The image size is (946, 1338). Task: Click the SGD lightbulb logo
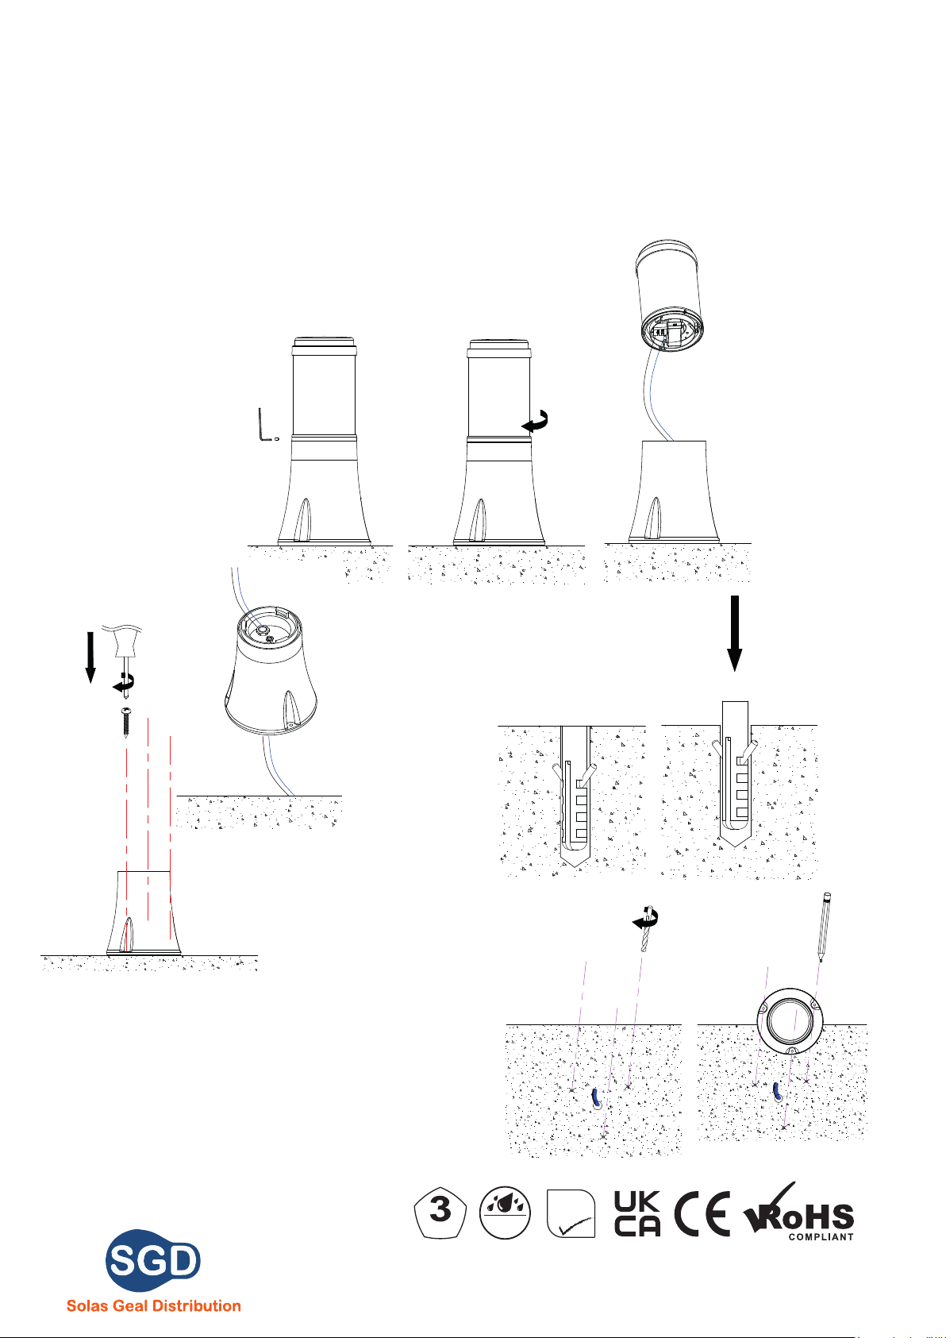[153, 1259]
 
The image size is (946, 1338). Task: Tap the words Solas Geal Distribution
[153, 1305]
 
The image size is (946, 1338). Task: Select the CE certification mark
[702, 1213]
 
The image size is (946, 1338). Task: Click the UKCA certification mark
[636, 1213]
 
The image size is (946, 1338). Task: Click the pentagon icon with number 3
[440, 1213]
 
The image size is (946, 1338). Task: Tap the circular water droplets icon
[505, 1213]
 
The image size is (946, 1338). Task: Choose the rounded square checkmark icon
[571, 1213]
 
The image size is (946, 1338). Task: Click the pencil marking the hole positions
[825, 927]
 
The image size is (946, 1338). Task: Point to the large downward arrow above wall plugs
[735, 633]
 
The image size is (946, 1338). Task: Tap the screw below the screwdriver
[126, 722]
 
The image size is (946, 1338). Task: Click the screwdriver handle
[126, 642]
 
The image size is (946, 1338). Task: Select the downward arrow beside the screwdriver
[90, 657]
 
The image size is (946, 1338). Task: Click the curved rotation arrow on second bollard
[536, 421]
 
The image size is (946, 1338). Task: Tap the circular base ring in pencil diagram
[790, 1021]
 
